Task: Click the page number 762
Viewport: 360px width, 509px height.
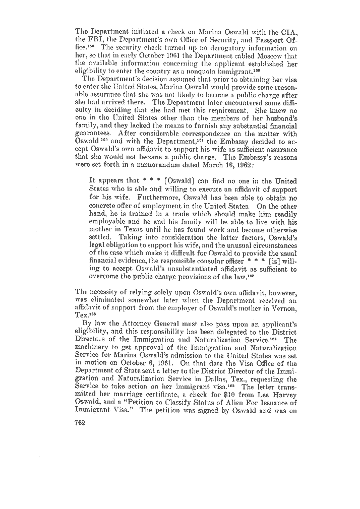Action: pos(82,423)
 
